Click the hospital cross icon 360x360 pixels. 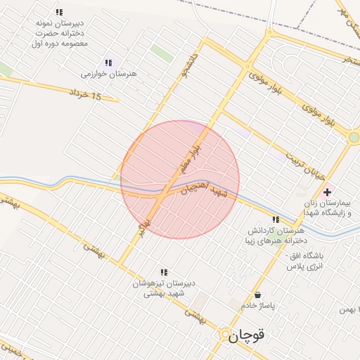[327, 191]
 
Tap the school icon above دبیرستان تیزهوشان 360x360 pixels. [164, 271]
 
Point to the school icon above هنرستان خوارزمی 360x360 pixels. [108, 62]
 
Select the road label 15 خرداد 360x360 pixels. [86, 94]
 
